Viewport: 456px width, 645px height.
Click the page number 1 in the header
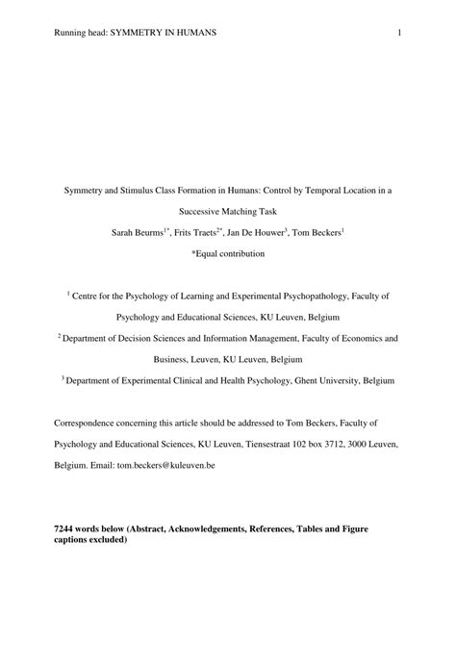(x=398, y=33)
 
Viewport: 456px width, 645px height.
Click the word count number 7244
(x=66, y=530)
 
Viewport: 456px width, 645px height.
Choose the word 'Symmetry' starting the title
(x=82, y=190)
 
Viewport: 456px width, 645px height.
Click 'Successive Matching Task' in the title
(x=228, y=211)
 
